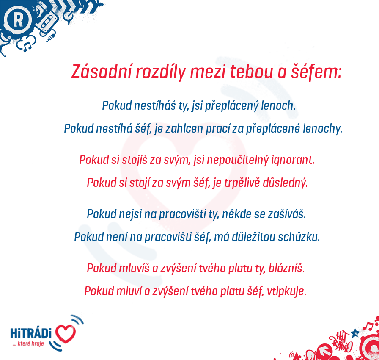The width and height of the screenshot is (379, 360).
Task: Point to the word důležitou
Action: coord(253,237)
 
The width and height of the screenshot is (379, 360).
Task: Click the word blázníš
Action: coord(287,268)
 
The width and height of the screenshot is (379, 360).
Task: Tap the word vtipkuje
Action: coord(286,291)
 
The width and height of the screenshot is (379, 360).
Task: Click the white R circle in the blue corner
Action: coord(18,19)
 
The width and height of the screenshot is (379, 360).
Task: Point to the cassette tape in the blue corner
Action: coord(47,23)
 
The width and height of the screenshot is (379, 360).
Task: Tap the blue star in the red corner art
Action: coord(355,333)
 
